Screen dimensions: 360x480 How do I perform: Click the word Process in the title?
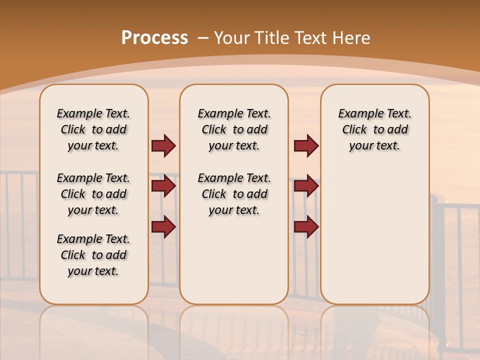coord(154,38)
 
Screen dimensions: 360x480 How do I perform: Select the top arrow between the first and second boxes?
coord(163,145)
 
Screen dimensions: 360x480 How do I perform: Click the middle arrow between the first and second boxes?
coord(163,186)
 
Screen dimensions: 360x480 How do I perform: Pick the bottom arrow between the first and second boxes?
coord(163,226)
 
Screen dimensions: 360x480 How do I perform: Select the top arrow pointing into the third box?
coord(306,145)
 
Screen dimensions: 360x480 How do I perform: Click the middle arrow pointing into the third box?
coord(306,186)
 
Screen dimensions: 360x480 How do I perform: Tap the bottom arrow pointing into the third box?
coord(306,226)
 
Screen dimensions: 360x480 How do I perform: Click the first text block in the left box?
coord(93,129)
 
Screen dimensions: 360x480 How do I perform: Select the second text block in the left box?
coord(93,194)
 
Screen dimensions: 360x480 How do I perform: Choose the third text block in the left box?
coord(93,255)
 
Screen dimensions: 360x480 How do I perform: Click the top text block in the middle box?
coord(234,129)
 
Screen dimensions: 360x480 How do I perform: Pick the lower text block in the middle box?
coord(234,194)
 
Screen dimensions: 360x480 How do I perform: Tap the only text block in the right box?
coord(374,129)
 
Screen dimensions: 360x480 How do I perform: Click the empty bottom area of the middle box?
coord(234,265)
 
